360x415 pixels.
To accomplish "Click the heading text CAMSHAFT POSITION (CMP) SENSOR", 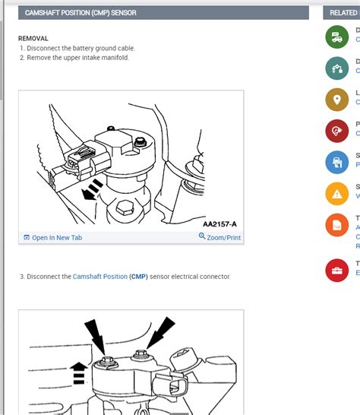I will coord(71,13).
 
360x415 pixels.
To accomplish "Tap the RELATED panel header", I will coord(343,13).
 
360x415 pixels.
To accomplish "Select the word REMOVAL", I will coord(33,38).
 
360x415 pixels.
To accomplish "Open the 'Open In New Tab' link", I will coord(52,238).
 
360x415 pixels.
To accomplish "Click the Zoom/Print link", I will coord(219,238).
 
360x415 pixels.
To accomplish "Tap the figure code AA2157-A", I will coord(219,224).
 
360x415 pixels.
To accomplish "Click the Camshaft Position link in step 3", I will coord(99,277).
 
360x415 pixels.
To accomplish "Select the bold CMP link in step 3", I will coord(139,277).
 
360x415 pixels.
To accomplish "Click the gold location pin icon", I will coord(336,100).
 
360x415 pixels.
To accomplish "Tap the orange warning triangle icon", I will coord(336,194).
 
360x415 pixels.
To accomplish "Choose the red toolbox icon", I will coord(336,270).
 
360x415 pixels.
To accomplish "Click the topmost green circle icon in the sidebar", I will coord(336,36).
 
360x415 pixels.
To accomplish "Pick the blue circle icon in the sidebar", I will coord(336,162).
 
